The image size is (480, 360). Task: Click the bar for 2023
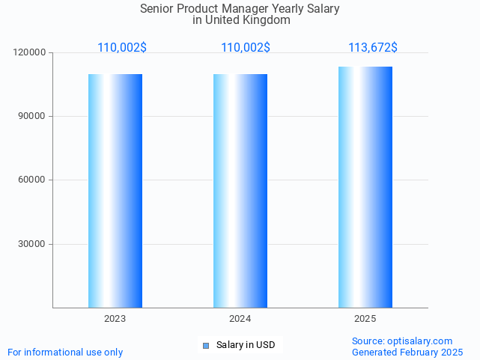[x=115, y=191]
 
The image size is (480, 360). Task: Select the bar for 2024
[x=240, y=191]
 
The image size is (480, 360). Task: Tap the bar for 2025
[x=365, y=187]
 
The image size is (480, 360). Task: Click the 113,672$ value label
[x=372, y=48]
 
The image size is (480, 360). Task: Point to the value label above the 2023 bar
[x=122, y=48]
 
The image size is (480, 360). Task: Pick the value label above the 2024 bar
[x=246, y=48]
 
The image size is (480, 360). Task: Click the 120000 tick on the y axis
[x=30, y=52]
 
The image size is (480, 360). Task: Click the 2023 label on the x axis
[x=115, y=319]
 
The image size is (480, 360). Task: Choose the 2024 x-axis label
[x=240, y=319]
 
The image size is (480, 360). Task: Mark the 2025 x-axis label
[x=365, y=319]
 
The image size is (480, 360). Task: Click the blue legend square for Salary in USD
[x=206, y=345]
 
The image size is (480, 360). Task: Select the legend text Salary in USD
[x=246, y=345]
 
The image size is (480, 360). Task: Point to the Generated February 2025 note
[x=407, y=352]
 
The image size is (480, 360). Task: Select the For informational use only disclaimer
[x=65, y=352]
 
